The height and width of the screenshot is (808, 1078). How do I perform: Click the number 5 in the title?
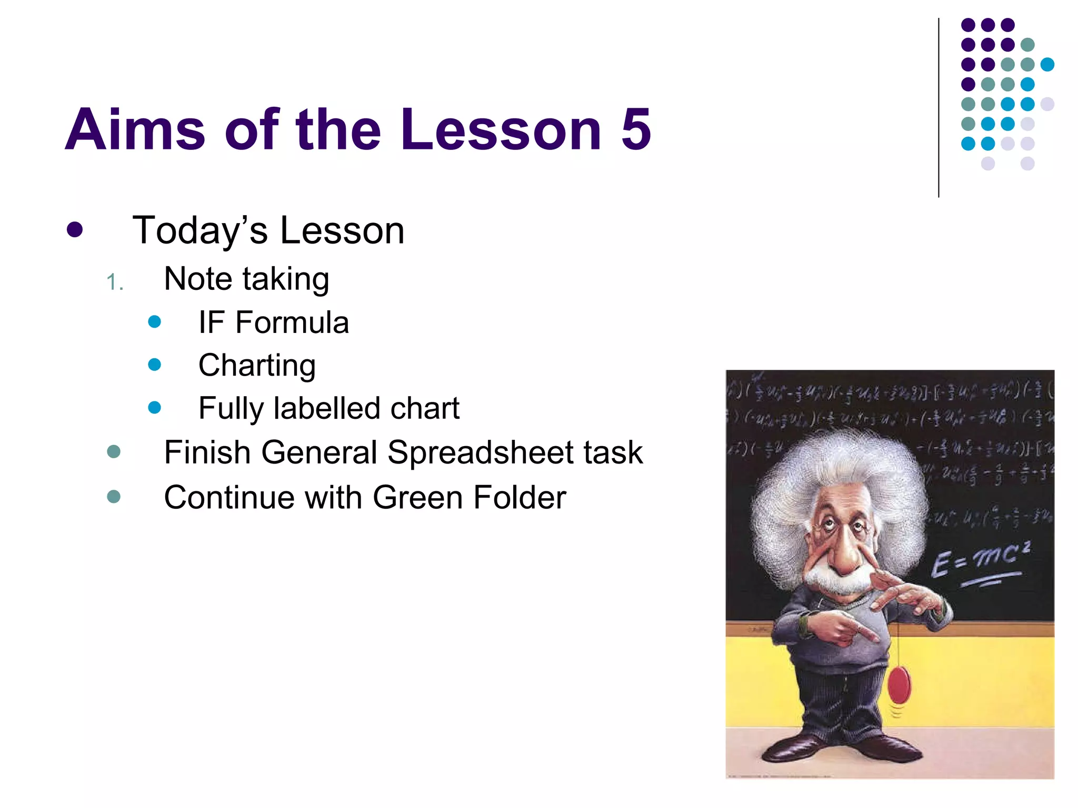click(636, 129)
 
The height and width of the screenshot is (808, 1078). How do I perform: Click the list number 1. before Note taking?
click(115, 283)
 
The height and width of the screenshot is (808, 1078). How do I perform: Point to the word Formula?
click(292, 322)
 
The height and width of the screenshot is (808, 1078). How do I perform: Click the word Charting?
click(257, 366)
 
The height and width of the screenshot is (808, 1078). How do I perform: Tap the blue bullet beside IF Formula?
click(155, 321)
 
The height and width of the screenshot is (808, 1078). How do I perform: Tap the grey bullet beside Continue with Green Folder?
click(114, 497)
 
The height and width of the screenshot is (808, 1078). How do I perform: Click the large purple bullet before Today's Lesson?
click(75, 230)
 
